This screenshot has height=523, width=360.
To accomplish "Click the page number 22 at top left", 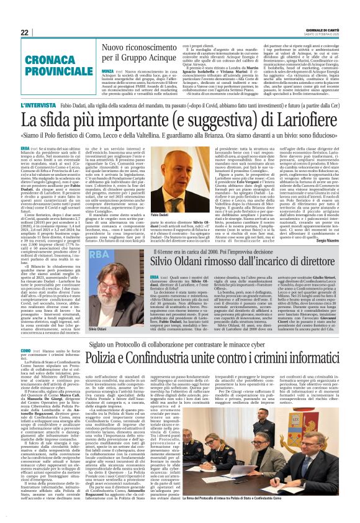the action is (x=24, y=32).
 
